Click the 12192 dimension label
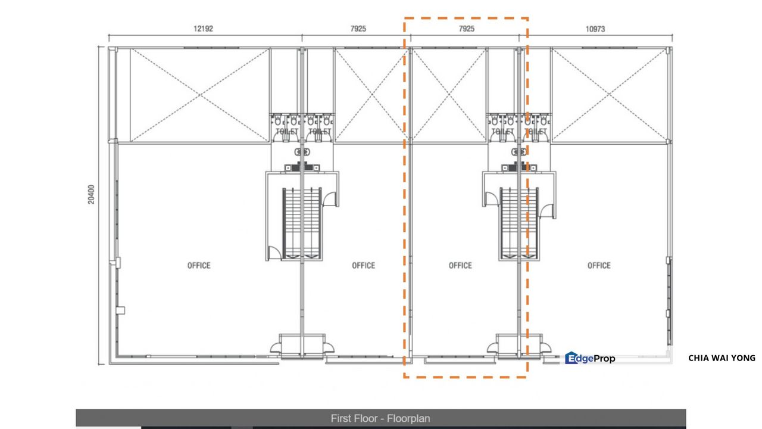pyautogui.click(x=205, y=29)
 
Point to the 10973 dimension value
pyautogui.click(x=595, y=29)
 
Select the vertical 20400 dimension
pyautogui.click(x=91, y=194)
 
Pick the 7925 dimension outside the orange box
pyautogui.click(x=355, y=29)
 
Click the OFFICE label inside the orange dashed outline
pyautogui.click(x=460, y=265)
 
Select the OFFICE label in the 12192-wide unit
pyautogui.click(x=199, y=265)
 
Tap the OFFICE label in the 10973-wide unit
pyautogui.click(x=599, y=265)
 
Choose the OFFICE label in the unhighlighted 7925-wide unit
pyautogui.click(x=363, y=265)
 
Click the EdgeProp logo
pyautogui.click(x=590, y=358)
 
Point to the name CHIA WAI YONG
pyautogui.click(x=721, y=358)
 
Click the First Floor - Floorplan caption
pyautogui.click(x=380, y=418)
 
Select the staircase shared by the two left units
pyautogui.click(x=302, y=223)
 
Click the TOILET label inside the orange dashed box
pyautogui.click(x=503, y=131)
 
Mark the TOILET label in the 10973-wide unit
pyautogui.click(x=536, y=131)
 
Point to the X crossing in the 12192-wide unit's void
pyautogui.click(x=199, y=95)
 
